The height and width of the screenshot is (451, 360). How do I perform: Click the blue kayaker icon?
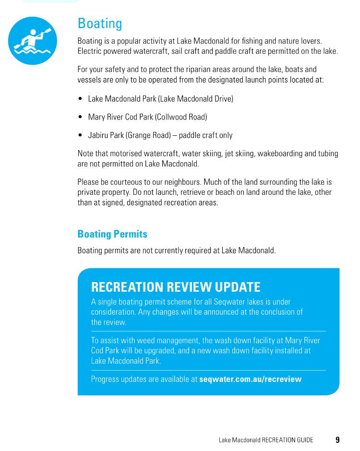[33, 41]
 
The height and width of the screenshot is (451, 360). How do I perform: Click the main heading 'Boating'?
[100, 24]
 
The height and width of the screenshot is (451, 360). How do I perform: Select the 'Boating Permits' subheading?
[112, 234]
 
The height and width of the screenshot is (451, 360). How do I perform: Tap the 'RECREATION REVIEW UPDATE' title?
[176, 287]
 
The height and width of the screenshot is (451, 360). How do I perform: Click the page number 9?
[337, 439]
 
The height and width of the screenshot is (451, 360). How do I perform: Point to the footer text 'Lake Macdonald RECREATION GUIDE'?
[266, 440]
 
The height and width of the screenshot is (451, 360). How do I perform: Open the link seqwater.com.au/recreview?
[250, 379]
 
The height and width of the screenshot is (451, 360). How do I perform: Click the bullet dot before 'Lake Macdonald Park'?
[80, 99]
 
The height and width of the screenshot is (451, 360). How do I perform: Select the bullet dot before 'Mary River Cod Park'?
[80, 117]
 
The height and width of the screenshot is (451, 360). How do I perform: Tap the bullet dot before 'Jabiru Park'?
[80, 135]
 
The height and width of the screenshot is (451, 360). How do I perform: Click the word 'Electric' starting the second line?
[89, 51]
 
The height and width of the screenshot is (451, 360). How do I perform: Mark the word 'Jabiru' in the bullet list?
[98, 135]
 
